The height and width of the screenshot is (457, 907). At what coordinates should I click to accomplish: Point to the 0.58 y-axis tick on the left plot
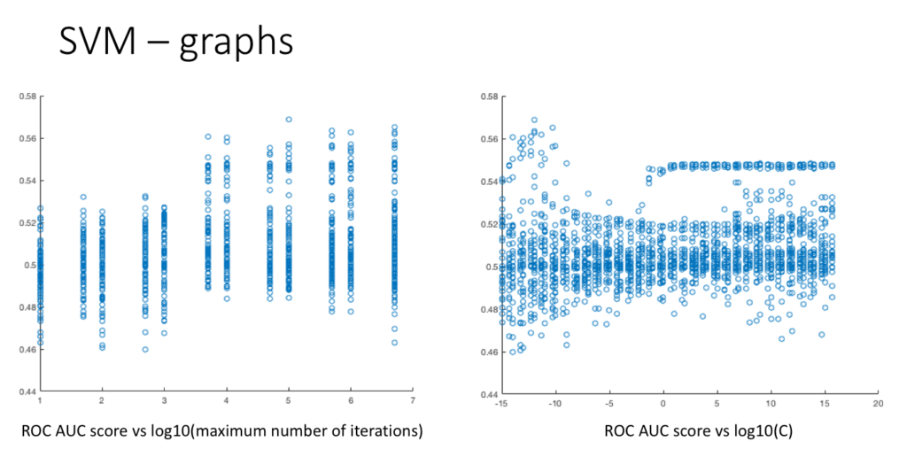pyautogui.click(x=25, y=96)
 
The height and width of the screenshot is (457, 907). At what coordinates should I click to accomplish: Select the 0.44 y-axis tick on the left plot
pyautogui.click(x=25, y=391)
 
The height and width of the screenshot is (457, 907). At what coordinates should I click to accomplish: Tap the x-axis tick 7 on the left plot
pyautogui.click(x=414, y=401)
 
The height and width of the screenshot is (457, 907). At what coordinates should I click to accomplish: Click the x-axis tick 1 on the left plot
pyautogui.click(x=40, y=401)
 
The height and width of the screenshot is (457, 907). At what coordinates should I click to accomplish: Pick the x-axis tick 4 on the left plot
pyautogui.click(x=227, y=401)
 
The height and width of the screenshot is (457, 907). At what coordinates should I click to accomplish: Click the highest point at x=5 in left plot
pyautogui.click(x=289, y=120)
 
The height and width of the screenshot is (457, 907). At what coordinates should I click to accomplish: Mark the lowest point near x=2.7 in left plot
pyautogui.click(x=145, y=349)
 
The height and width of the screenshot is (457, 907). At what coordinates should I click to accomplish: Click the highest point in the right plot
pyautogui.click(x=534, y=120)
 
